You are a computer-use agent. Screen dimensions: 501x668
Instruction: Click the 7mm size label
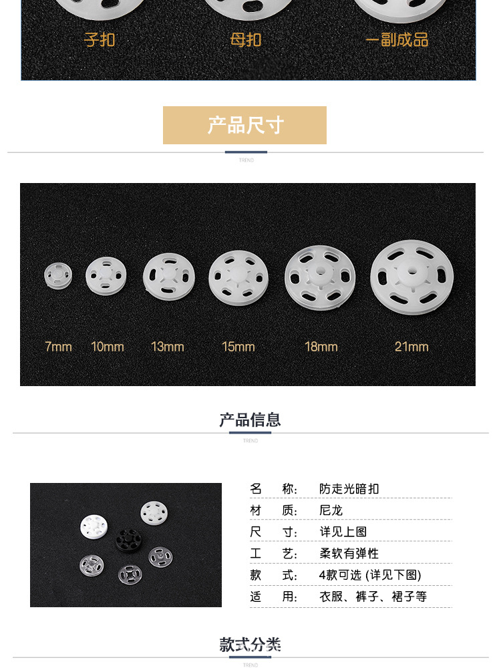[x=58, y=347]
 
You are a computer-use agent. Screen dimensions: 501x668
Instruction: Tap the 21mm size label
[x=411, y=347]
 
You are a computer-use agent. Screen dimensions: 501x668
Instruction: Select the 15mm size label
[x=238, y=347]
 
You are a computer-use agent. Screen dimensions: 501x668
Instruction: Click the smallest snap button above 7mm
[x=58, y=276]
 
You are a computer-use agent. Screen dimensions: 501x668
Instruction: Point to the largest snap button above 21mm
[x=411, y=277]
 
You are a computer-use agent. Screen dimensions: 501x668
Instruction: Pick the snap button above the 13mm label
[x=169, y=277]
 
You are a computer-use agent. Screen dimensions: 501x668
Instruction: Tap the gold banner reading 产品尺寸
[x=245, y=126]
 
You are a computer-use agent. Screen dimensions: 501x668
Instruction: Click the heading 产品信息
[x=250, y=420]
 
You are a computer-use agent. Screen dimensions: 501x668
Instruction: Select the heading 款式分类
[x=250, y=645]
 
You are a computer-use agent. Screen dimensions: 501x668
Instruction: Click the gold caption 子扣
[x=100, y=40]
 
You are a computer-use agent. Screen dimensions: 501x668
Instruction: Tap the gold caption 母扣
[x=245, y=40]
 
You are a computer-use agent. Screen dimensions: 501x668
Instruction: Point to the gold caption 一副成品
[x=397, y=40]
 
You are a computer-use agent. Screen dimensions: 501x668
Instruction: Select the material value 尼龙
[x=331, y=510]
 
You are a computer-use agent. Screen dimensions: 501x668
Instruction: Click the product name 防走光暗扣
[x=349, y=489]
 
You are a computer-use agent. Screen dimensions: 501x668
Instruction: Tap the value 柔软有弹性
[x=349, y=553]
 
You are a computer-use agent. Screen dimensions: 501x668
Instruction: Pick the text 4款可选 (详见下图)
[x=370, y=575]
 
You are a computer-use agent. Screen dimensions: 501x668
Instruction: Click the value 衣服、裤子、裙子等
[x=373, y=597]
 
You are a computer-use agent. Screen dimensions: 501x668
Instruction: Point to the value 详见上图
[x=343, y=532]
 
